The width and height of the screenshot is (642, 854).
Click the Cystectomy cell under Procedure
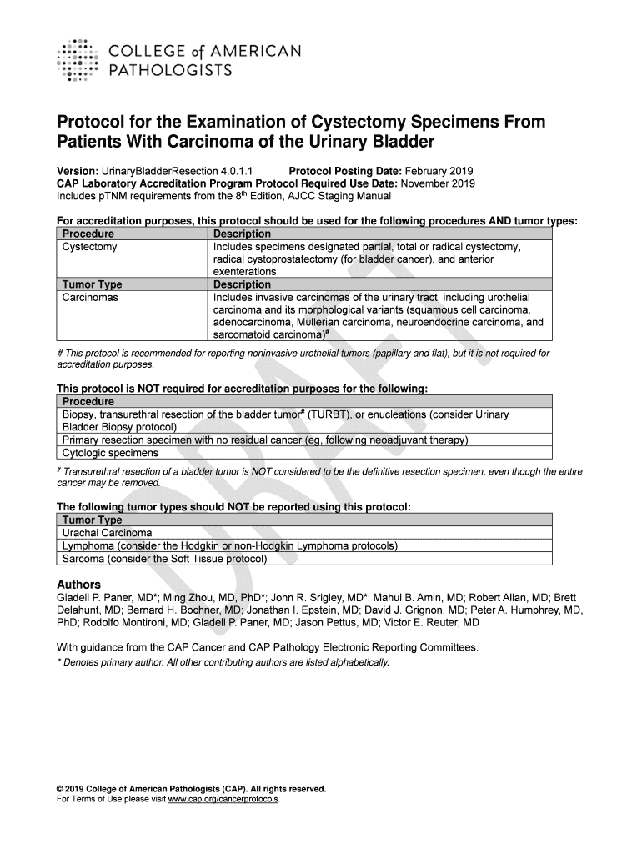point(90,247)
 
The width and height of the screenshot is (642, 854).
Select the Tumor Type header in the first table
point(92,284)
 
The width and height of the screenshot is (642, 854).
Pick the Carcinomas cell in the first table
point(90,297)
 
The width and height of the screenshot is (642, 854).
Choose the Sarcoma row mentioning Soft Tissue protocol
point(164,559)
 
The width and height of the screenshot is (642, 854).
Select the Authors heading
point(78,584)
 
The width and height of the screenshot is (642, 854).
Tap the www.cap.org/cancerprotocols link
point(224,799)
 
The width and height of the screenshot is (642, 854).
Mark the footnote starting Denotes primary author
point(222,662)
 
